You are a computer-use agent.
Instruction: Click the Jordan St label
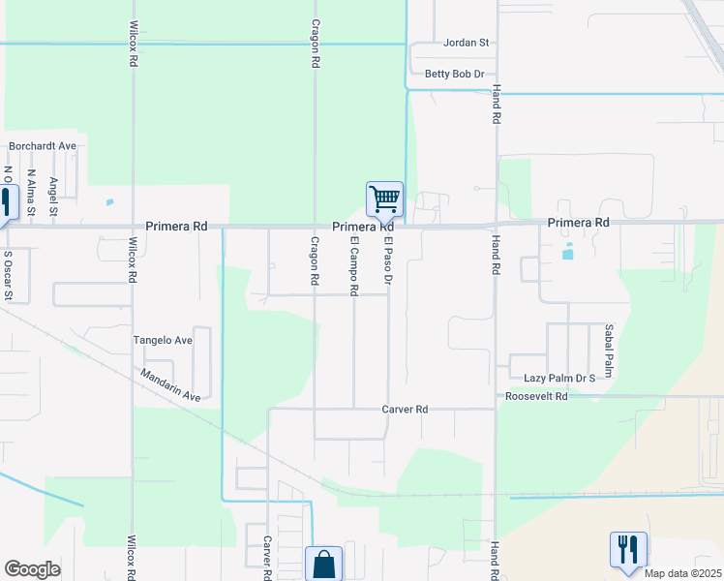click(468, 44)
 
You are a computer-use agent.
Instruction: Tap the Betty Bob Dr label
click(454, 74)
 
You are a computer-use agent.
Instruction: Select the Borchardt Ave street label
click(42, 146)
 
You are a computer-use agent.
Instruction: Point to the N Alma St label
click(32, 193)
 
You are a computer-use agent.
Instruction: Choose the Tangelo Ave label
click(163, 341)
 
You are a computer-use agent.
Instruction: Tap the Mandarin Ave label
click(169, 384)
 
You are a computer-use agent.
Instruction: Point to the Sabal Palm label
click(610, 351)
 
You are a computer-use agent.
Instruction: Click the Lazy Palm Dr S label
click(558, 378)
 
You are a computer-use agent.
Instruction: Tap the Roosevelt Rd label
click(535, 396)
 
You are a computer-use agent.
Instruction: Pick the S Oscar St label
click(8, 276)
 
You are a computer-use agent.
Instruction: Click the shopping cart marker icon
click(384, 199)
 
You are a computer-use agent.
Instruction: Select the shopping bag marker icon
click(323, 565)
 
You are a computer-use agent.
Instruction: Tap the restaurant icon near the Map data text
click(627, 549)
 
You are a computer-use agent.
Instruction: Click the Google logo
click(32, 569)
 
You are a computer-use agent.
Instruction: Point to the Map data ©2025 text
click(681, 573)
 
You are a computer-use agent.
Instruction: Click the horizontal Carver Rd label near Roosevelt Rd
click(405, 410)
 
